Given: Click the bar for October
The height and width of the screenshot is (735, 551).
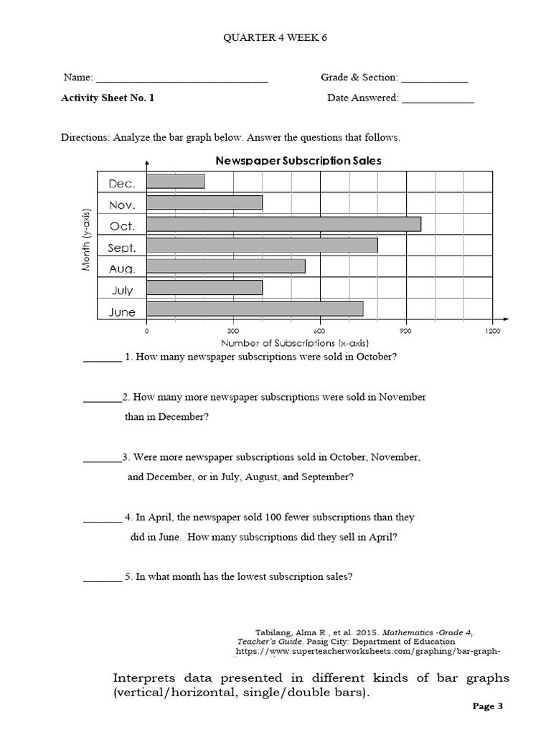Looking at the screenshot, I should point(283,224).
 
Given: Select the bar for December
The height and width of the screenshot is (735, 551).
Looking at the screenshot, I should point(176,182).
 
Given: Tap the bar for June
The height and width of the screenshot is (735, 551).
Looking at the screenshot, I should point(255,309).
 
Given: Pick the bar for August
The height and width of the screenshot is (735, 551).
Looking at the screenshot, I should point(226,266).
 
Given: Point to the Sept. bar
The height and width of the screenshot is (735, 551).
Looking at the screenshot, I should point(262,245).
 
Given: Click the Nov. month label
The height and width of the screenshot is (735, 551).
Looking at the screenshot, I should point(121,205).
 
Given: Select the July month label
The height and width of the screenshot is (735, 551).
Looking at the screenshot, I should point(122,290).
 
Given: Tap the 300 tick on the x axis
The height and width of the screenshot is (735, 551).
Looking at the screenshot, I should point(232,332).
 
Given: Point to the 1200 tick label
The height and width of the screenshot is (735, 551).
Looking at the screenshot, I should point(493,332).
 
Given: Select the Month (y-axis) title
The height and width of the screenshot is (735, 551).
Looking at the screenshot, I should point(86,240).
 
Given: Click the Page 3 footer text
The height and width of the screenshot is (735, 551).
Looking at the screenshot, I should point(489,706).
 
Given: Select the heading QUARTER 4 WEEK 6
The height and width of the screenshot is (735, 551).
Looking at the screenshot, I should point(275,37).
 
